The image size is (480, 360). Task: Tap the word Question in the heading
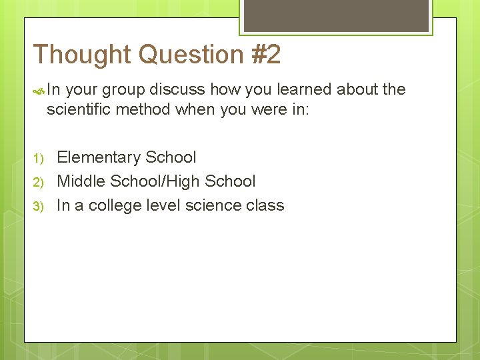pyautogui.click(x=193, y=55)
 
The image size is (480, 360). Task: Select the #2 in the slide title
pyautogui.click(x=267, y=55)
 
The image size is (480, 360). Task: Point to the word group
pyautogui.click(x=124, y=90)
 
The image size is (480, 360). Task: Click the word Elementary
pyautogui.click(x=99, y=158)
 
